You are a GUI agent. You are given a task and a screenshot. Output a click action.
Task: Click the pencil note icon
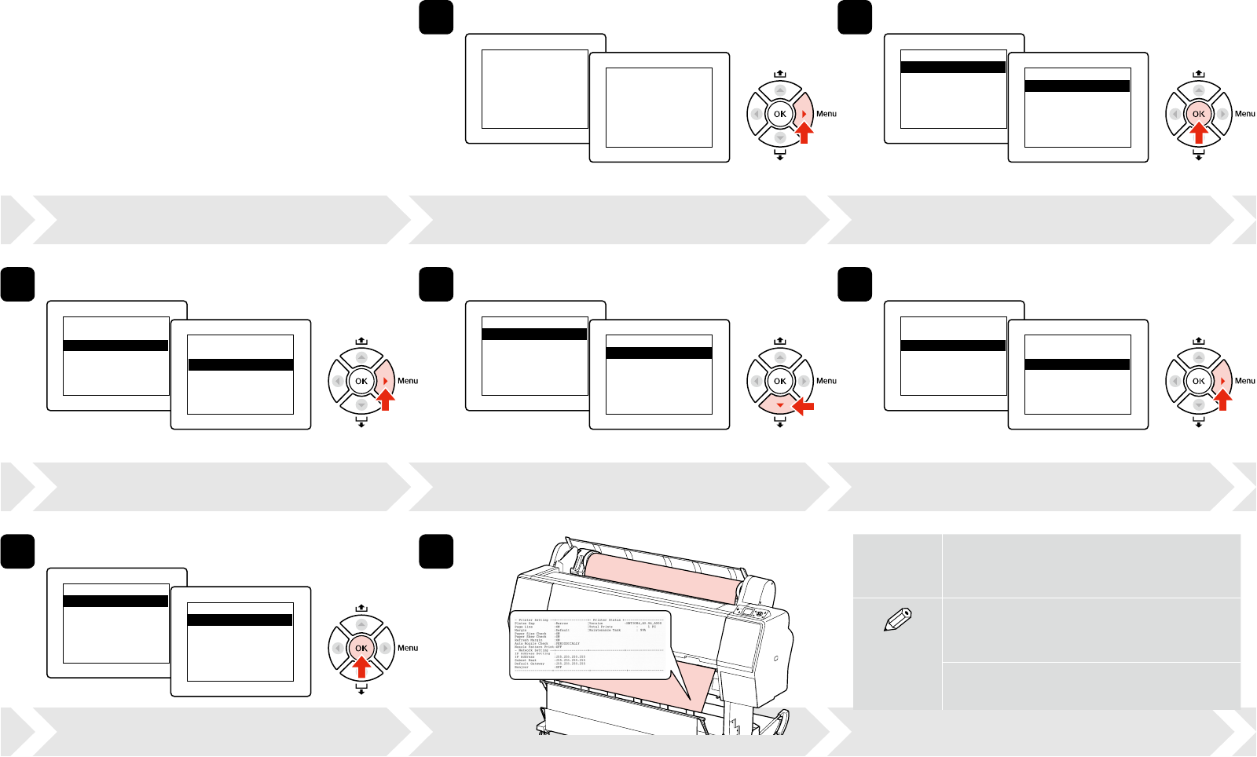tap(897, 620)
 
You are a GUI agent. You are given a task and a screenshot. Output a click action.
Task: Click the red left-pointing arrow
tap(804, 406)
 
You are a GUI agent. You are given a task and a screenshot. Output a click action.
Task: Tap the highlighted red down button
tap(779, 405)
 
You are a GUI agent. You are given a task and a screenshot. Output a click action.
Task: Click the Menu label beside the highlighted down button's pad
tap(826, 381)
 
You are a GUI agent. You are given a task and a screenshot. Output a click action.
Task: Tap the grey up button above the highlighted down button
tap(779, 357)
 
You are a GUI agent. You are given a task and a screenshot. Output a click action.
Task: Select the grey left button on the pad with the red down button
tap(756, 381)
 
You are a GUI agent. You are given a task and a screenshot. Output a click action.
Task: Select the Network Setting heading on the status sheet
tap(533, 650)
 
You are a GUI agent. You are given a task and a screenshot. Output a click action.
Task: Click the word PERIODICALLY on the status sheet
tap(567, 643)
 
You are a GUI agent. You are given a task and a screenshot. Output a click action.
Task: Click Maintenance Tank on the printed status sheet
tap(605, 630)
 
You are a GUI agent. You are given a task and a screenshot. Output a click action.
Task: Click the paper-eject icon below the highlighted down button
tap(779, 424)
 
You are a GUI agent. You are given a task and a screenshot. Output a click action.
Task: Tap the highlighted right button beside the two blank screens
tap(804, 115)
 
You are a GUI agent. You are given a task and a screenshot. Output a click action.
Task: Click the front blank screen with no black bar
tap(658, 107)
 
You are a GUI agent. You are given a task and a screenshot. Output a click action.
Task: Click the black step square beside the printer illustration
tap(436, 551)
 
